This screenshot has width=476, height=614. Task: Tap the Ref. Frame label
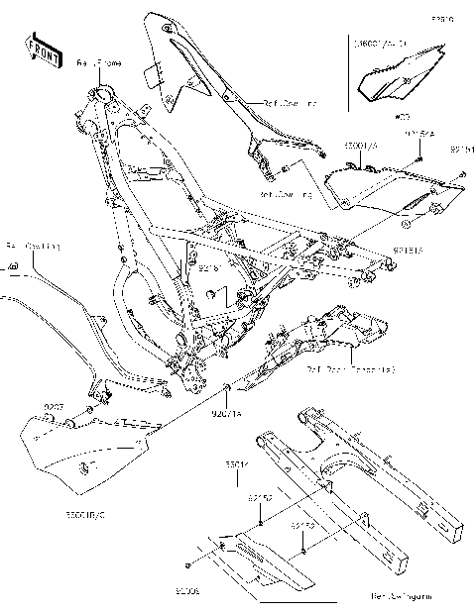[x=98, y=62]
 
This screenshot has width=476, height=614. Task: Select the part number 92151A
[x=408, y=252]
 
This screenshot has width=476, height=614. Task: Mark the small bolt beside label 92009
[x=188, y=565]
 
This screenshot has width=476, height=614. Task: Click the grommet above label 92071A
[x=227, y=384]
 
